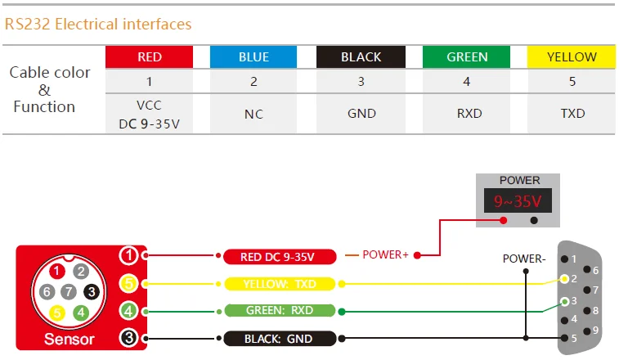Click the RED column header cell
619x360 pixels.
pos(150,57)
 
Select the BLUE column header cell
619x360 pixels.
pos(253,57)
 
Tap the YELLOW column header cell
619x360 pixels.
pos(572,57)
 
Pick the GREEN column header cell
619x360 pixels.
pos(467,57)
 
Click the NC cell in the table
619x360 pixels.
pos(253,114)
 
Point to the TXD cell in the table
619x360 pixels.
pos(572,114)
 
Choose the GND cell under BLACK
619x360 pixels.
pos(361,114)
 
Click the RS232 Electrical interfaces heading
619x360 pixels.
pos(98,24)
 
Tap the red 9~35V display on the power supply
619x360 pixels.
pos(519,200)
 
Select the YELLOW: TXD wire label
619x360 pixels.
pos(278,284)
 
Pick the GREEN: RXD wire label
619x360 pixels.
pos(278,311)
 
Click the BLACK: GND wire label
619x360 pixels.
pos(278,338)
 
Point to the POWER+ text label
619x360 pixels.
pos(385,254)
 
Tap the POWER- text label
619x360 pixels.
pos(523,259)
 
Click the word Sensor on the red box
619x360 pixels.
pos(70,339)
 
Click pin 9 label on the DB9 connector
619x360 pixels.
pos(594,330)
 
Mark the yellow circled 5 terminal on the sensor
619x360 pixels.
pos(128,284)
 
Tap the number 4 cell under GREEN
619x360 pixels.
pos(467,82)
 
